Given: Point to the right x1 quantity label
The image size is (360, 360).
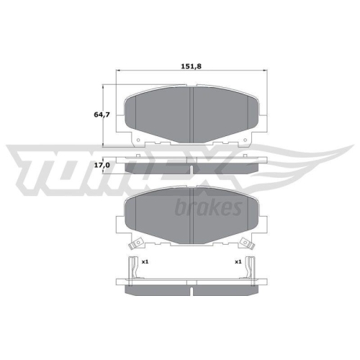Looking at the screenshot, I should [x=238, y=261].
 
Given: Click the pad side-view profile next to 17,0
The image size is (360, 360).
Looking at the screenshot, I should [x=192, y=167].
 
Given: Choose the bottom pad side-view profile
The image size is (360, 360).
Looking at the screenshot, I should [x=192, y=289].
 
